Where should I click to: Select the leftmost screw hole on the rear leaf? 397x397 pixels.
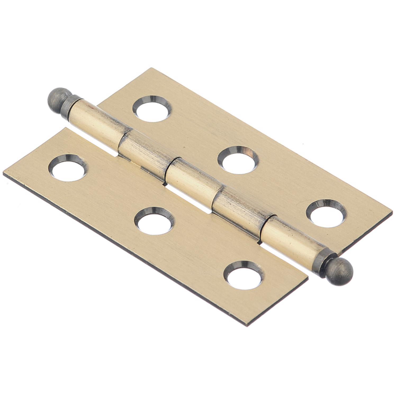[152, 109]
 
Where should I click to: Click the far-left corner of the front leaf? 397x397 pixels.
[4, 174]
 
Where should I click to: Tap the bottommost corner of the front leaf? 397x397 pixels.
[247, 325]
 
